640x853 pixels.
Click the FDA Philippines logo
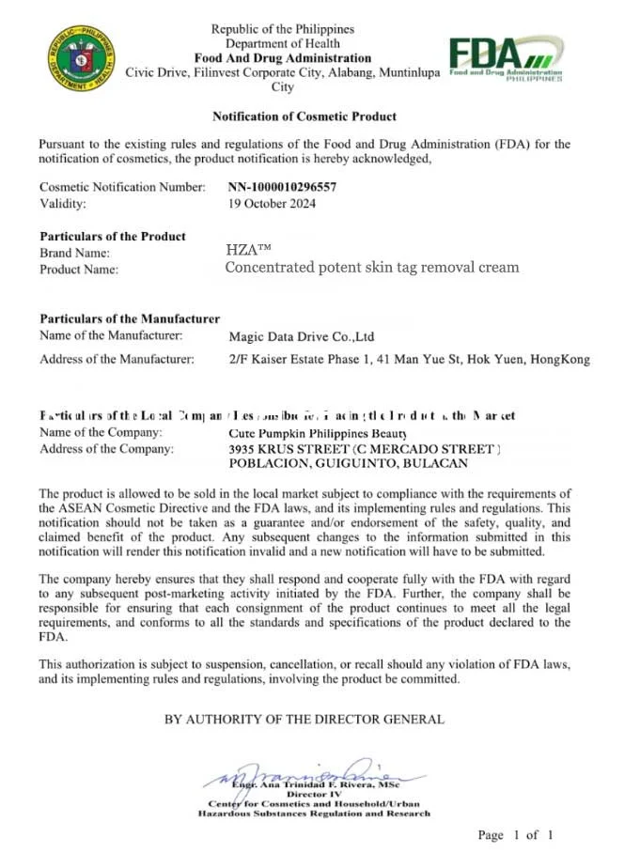click(x=506, y=58)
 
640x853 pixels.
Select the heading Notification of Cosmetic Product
click(x=304, y=116)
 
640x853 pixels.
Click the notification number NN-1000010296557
click(x=282, y=187)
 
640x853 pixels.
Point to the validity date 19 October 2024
click(x=273, y=203)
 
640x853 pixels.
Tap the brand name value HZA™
click(x=248, y=250)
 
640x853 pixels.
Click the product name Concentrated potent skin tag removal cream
click(x=371, y=267)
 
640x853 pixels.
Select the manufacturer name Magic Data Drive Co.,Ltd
click(x=302, y=336)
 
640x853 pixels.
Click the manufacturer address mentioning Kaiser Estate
click(x=409, y=359)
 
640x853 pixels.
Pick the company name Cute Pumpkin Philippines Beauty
click(x=318, y=433)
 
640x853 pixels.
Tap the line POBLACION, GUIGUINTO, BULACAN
click(x=348, y=463)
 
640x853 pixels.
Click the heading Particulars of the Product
click(x=113, y=236)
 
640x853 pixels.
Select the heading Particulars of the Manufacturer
click(x=130, y=319)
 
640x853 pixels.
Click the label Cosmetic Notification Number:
click(x=122, y=187)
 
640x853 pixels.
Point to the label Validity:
click(x=63, y=203)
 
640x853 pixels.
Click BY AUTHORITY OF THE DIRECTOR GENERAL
click(x=304, y=720)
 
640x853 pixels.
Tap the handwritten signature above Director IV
click(x=310, y=773)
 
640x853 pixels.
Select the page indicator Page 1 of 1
click(x=515, y=834)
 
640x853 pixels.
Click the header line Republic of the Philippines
click(x=283, y=29)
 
